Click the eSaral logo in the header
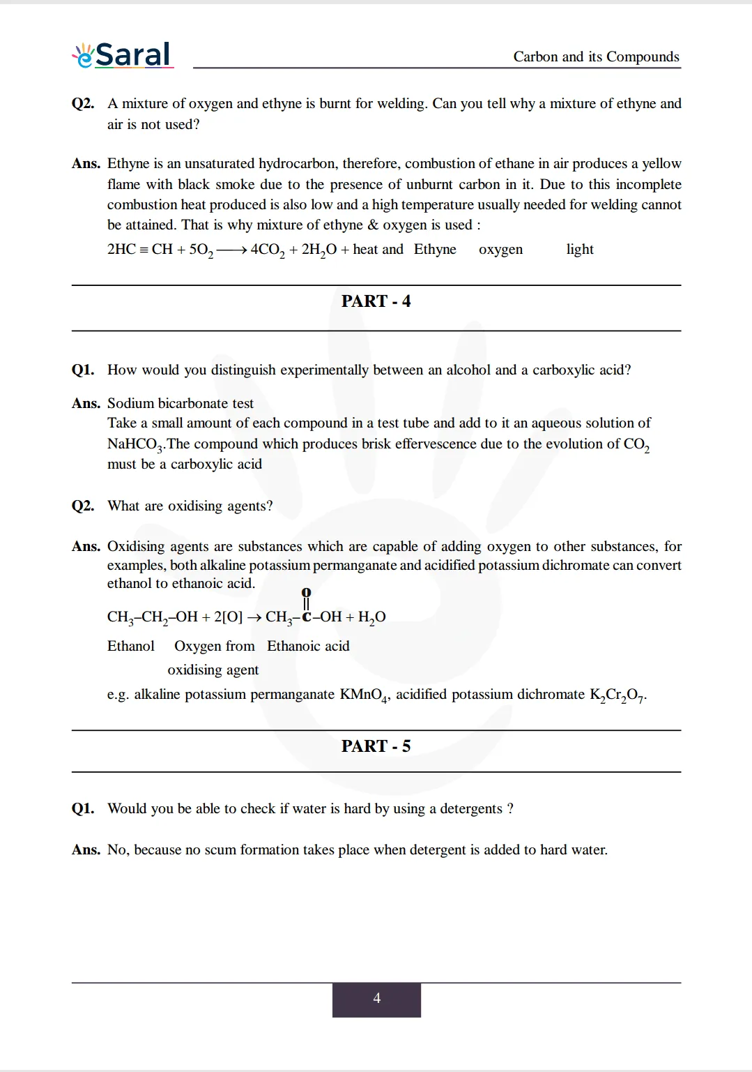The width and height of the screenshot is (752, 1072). (123, 55)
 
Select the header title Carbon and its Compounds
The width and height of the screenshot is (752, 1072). (596, 56)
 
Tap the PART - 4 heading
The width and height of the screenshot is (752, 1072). (376, 301)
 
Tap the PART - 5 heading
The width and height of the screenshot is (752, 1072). (376, 746)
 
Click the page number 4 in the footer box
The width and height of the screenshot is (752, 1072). (376, 999)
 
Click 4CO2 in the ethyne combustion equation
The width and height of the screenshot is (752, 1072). (268, 250)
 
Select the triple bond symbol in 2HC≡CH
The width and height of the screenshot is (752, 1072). (144, 250)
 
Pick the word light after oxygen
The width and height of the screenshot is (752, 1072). (579, 250)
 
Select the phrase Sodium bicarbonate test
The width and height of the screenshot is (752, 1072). (181, 403)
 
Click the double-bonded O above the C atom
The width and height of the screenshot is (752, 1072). (306, 593)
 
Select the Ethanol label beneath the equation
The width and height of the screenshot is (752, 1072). (131, 647)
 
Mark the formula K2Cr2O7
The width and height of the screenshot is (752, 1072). (617, 695)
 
